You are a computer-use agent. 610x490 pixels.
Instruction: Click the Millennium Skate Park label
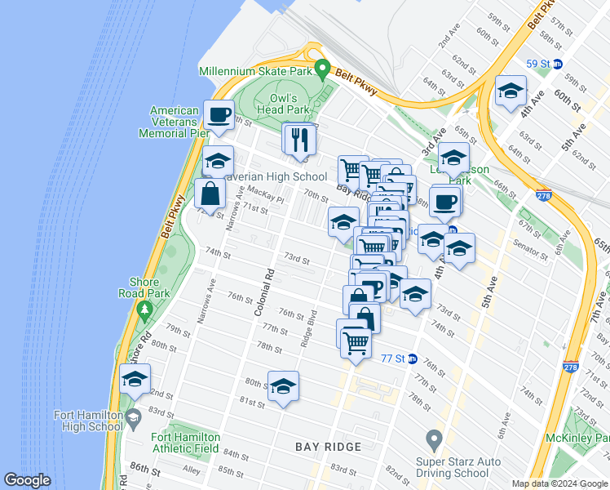coord(256,71)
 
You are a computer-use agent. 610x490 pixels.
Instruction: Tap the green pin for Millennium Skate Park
coord(322,69)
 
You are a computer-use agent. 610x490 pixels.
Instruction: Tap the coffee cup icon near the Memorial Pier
coord(219,115)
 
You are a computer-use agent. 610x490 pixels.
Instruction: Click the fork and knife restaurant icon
coord(298,139)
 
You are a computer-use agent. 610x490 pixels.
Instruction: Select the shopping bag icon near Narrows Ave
coord(210,194)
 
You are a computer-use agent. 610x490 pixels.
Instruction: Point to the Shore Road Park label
coord(144,288)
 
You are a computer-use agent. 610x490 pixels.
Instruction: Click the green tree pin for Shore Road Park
coord(145,310)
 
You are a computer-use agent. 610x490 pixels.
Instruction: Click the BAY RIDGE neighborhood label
coord(329,447)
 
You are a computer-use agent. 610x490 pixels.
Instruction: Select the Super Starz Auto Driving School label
coord(453,467)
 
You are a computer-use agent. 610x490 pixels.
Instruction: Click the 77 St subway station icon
coord(413,359)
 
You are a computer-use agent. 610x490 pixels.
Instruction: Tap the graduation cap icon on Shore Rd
coord(135,380)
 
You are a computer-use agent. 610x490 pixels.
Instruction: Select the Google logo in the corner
coord(28,481)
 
